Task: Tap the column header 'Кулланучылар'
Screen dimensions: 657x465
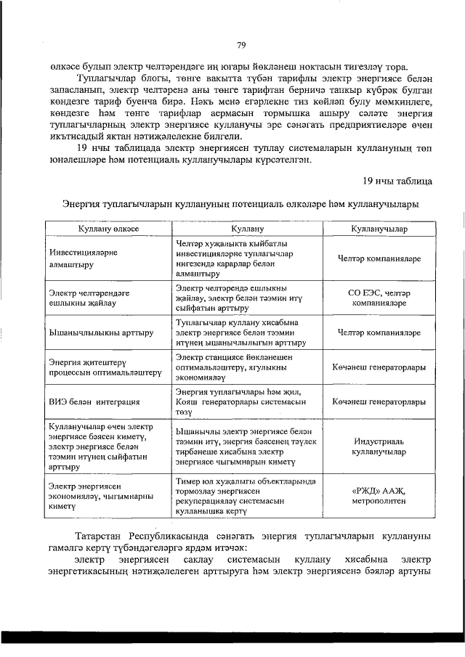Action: coord(379,228)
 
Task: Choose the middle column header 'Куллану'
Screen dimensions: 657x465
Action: coord(248,228)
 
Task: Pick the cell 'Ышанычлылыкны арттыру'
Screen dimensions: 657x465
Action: coord(100,333)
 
